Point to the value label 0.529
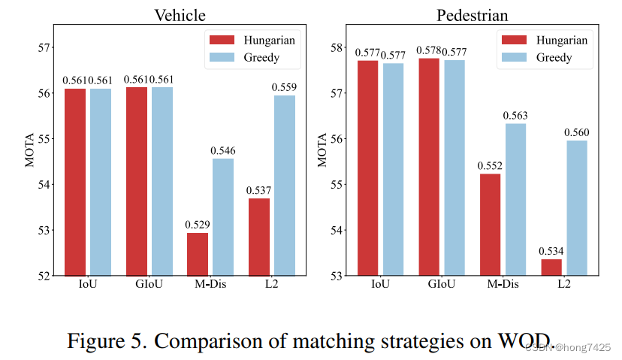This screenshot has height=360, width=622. click(198, 224)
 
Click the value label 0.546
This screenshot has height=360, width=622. click(223, 150)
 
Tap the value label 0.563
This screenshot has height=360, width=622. click(515, 115)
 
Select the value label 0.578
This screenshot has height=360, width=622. click(428, 52)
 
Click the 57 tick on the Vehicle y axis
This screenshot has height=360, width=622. click(43, 47)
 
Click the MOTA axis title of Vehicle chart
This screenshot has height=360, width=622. click(30, 150)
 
